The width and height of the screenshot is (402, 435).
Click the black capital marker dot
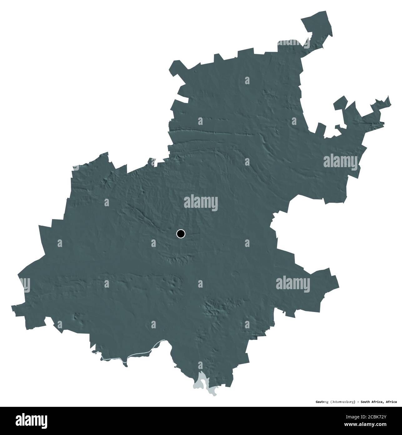pyautogui.click(x=181, y=233)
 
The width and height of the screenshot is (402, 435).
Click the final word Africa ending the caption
pyautogui.click(x=391, y=402)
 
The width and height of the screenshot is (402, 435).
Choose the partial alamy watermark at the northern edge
pyautogui.click(x=294, y=44)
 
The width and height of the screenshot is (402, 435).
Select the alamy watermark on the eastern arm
pyautogui.click(x=340, y=162)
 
